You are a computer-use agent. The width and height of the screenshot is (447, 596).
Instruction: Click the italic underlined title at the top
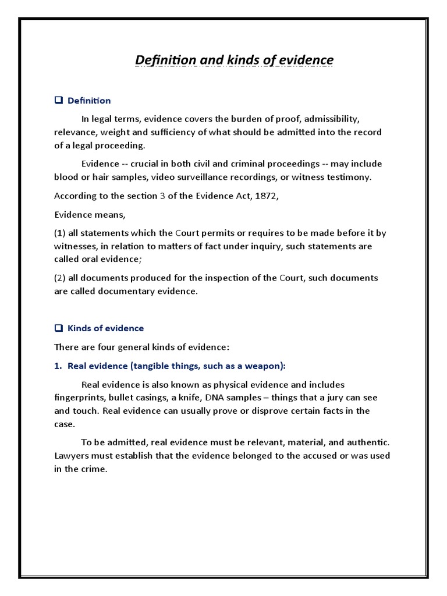tap(235, 61)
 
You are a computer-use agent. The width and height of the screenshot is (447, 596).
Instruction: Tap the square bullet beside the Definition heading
tap(58, 100)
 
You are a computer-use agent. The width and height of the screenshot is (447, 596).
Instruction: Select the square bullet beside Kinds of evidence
tap(58, 328)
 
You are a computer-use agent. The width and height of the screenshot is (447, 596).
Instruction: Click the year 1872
tap(266, 196)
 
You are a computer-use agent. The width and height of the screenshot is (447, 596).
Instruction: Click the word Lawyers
tap(73, 456)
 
